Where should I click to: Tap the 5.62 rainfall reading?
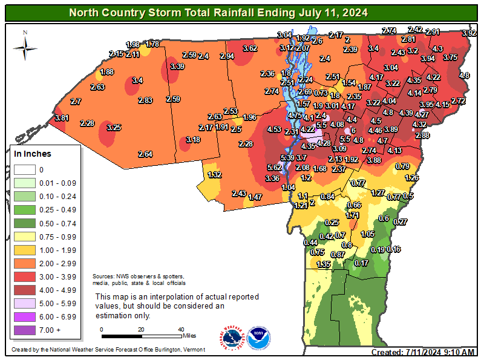click(275, 168)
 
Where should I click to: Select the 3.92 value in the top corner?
click(469, 33)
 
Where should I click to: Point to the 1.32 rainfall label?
click(214, 175)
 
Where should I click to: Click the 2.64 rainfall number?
click(145, 154)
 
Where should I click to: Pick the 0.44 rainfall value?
click(310, 242)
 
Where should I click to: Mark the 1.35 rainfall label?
click(324, 264)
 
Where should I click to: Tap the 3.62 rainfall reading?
click(250, 48)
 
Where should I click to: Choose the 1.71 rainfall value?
click(353, 215)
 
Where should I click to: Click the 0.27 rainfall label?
click(400, 222)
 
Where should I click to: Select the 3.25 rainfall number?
click(114, 128)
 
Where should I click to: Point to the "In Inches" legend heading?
click(33, 154)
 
